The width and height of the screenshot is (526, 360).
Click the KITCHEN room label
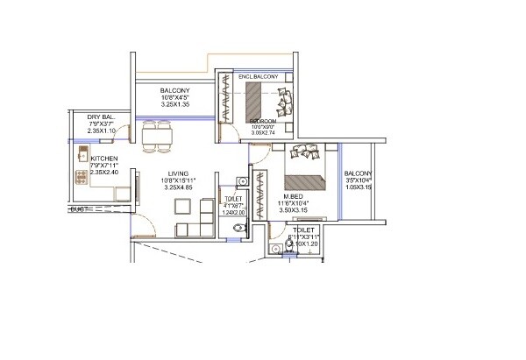point(104,159)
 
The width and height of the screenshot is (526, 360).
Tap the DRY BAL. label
point(103,116)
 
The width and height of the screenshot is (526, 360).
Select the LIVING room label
point(179,173)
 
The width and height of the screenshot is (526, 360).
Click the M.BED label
point(293,196)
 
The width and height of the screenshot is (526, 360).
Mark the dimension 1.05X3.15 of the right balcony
point(358,187)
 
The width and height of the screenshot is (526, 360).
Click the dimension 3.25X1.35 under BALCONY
point(176,105)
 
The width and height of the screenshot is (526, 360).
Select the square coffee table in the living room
point(181,208)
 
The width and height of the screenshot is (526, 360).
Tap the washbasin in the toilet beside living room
point(245,181)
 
